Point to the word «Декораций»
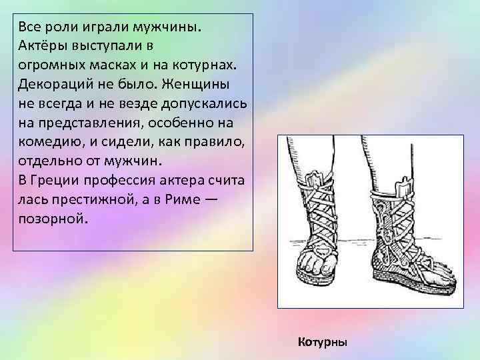[x=51, y=87]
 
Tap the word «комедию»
[x=45, y=143]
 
